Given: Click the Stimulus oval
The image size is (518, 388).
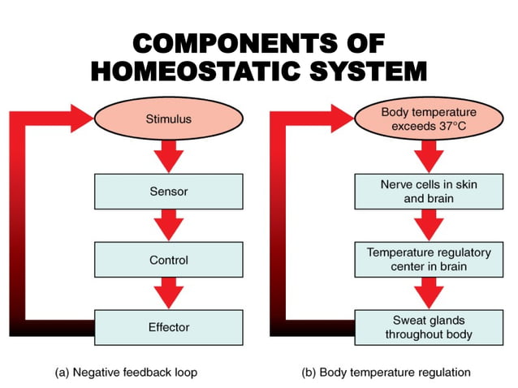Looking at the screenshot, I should [x=168, y=119].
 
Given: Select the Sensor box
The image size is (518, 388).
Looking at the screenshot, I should [x=168, y=192].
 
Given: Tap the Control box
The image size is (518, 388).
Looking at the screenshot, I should [x=168, y=261].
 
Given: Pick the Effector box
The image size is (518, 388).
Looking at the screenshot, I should [x=168, y=327].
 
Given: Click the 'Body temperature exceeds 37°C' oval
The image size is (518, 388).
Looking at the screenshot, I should [x=428, y=119].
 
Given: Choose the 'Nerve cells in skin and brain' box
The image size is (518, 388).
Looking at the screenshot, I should [x=428, y=192].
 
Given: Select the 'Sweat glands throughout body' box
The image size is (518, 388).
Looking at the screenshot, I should [x=428, y=327].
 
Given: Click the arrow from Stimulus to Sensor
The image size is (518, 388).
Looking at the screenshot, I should [x=168, y=155].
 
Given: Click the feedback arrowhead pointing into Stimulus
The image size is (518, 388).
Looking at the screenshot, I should [x=81, y=119].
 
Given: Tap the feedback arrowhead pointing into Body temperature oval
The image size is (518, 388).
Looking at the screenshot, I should [x=341, y=119].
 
